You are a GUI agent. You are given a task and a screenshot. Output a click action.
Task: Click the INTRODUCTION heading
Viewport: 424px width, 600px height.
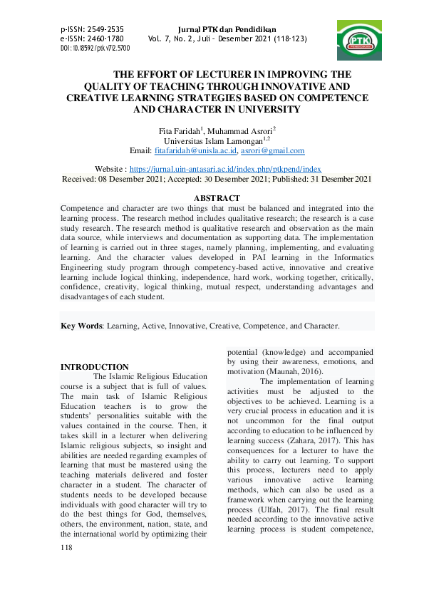pos(95,367)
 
